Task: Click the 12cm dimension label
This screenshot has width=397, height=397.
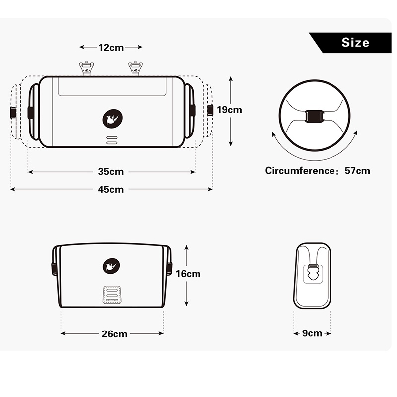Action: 111,47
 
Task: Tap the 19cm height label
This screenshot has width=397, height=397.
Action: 229,110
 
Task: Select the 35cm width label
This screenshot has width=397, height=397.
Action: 111,172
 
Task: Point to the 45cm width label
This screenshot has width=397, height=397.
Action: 111,189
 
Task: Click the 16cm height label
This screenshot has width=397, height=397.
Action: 188,274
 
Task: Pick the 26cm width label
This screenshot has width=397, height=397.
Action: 115,334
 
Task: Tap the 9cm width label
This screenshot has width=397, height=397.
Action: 312,333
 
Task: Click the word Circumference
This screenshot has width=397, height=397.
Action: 300,171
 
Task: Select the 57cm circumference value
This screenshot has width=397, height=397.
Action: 357,171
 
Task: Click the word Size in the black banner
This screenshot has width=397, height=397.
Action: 355,43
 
